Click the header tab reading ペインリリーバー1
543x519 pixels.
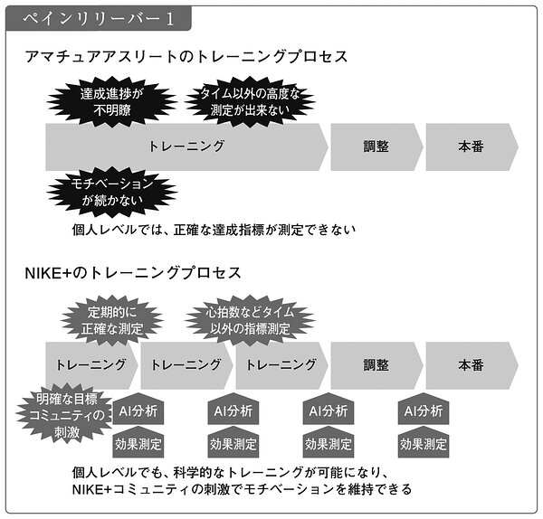(x=99, y=18)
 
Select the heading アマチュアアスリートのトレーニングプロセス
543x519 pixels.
(x=186, y=57)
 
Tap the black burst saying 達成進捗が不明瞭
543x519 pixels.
(x=111, y=102)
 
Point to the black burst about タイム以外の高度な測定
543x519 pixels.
(x=250, y=102)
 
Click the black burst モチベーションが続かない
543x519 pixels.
(x=111, y=192)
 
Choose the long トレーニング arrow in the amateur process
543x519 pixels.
(x=186, y=146)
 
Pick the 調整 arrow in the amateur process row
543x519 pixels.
(x=376, y=146)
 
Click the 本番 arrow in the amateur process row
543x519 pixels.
(x=472, y=146)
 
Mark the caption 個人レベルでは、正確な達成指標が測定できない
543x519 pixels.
(x=214, y=230)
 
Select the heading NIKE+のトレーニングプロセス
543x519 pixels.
(x=133, y=273)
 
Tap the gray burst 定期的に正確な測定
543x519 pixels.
(x=112, y=321)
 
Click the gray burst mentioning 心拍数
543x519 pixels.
(x=250, y=321)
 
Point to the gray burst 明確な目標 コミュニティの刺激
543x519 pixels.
(x=66, y=415)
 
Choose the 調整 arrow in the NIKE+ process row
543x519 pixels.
(x=376, y=365)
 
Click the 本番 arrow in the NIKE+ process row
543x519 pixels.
(x=472, y=365)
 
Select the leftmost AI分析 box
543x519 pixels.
(x=138, y=410)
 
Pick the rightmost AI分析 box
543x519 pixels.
(x=424, y=410)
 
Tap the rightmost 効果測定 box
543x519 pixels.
(x=424, y=443)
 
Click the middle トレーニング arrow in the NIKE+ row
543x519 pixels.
(x=186, y=365)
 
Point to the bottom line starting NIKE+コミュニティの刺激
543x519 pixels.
(x=242, y=489)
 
